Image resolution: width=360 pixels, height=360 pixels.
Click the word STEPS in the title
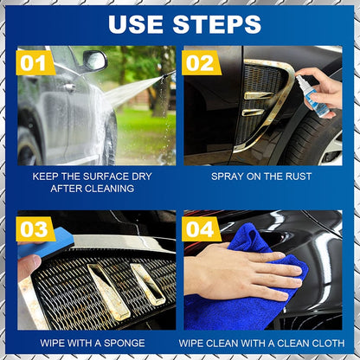(x=212, y=22)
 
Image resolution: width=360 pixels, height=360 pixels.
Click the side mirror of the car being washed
(x=93, y=61)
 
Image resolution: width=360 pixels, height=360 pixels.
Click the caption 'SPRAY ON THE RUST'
(x=262, y=176)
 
